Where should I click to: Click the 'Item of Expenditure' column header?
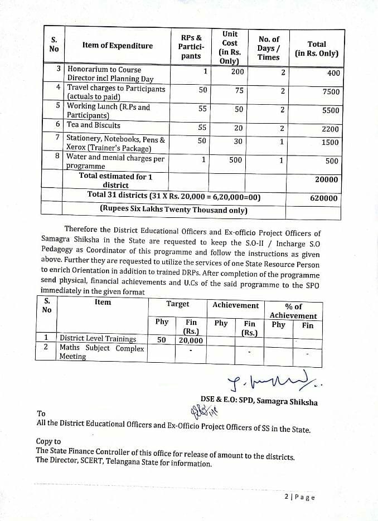pyautogui.click(x=117, y=45)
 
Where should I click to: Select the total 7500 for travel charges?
pyautogui.click(x=331, y=92)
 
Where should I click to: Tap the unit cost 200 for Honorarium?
pyautogui.click(x=238, y=71)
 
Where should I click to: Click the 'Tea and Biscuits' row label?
pyautogui.click(x=93, y=125)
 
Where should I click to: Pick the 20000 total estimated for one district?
pyautogui.click(x=326, y=180)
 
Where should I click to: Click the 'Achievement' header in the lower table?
pyautogui.click(x=235, y=305)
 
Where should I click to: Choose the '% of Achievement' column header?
pyautogui.click(x=293, y=311)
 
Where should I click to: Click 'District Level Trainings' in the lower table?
pyautogui.click(x=98, y=338)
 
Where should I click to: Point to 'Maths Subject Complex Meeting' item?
pyautogui.click(x=101, y=352)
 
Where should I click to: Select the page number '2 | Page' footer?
pyautogui.click(x=299, y=497)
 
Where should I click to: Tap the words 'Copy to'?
pyautogui.click(x=49, y=441)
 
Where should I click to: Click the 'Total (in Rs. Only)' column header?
pyautogui.click(x=317, y=49)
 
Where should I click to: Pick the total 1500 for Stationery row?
pyautogui.click(x=330, y=142)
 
